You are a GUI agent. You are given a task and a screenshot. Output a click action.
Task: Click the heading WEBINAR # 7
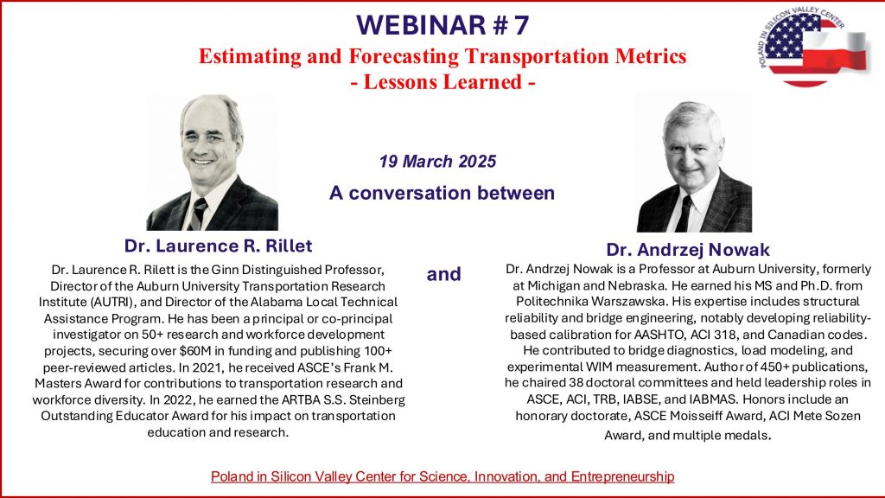(x=442, y=25)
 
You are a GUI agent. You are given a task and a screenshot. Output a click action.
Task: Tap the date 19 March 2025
(x=438, y=162)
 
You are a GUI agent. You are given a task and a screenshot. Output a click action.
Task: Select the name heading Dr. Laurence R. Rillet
(x=218, y=246)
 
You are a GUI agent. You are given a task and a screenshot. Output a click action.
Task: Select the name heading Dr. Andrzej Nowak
(x=688, y=250)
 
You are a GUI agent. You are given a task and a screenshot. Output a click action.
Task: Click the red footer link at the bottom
(x=442, y=476)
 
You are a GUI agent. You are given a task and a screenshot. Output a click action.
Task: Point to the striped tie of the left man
(x=199, y=214)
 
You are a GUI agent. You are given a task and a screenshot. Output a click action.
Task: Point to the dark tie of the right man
(x=684, y=214)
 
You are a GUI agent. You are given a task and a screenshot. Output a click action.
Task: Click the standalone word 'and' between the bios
(x=443, y=274)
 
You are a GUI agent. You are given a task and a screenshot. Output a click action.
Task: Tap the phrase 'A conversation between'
(x=442, y=193)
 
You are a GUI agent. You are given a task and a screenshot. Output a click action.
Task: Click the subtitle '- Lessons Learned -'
(x=442, y=82)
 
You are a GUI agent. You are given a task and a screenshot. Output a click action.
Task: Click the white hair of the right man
(x=692, y=115)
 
